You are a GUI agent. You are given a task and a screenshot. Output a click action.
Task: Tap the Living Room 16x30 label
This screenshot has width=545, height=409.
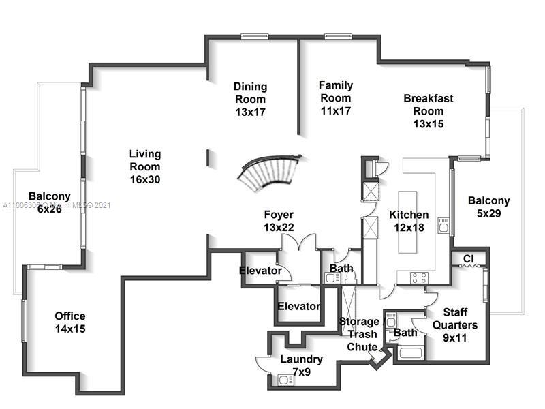point(145,167)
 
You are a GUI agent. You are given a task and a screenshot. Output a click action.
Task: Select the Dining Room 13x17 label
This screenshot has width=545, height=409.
point(250,99)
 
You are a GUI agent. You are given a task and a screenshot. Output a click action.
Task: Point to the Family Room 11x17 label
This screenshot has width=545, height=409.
point(336,97)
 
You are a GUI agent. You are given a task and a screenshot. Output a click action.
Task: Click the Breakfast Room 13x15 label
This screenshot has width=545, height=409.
point(428,111)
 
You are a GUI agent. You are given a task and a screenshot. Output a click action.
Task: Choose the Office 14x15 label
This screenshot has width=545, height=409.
point(70,322)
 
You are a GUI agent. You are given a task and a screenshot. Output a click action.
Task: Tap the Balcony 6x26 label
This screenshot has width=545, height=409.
point(49,203)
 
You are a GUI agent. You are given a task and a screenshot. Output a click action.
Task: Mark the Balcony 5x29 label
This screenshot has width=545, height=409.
point(488,207)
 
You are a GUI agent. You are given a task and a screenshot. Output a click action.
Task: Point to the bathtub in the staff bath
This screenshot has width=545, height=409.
point(411,352)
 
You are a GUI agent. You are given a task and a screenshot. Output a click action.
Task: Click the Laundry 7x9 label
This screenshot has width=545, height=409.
point(301,366)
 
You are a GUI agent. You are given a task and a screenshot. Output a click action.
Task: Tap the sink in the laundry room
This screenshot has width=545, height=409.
point(284,379)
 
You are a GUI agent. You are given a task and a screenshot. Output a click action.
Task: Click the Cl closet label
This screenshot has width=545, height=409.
point(469,259)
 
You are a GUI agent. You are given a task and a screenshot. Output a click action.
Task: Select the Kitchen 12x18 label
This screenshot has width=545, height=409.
point(409,222)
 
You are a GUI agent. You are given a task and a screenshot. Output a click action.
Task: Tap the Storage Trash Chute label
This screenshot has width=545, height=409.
point(359,334)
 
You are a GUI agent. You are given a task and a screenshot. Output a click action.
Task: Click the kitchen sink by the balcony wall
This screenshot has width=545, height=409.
point(443,225)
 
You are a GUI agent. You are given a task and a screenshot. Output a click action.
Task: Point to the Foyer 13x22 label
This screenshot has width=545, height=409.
point(279,222)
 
